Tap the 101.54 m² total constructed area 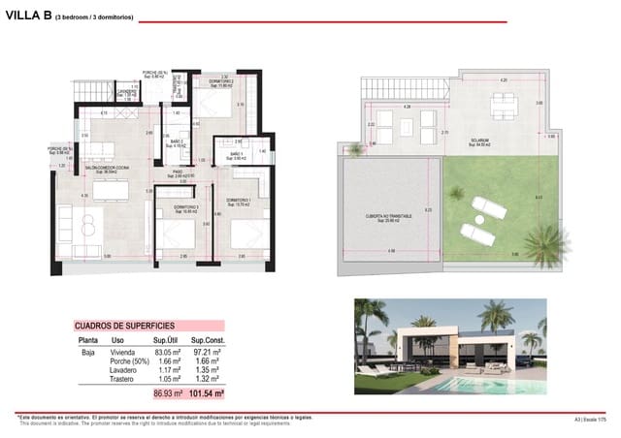pos(206,394)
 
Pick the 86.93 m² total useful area pos(169,394)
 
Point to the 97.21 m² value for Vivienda pos(208,353)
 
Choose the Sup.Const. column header pos(208,341)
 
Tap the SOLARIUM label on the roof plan pos(479,141)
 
